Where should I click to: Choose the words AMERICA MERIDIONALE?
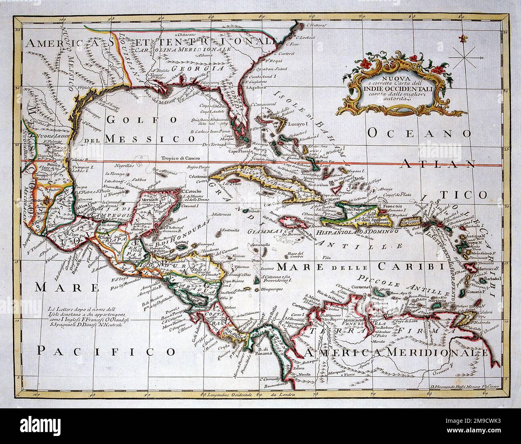click(x=397, y=353)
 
